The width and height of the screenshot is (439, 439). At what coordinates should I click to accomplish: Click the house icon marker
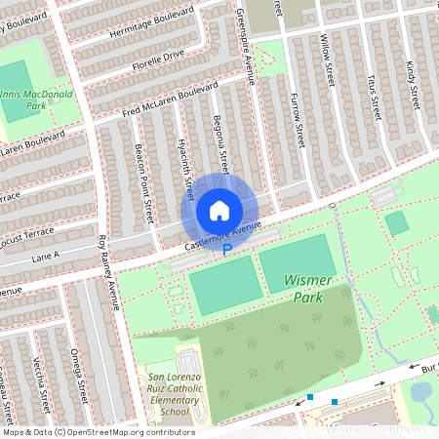pos(219,210)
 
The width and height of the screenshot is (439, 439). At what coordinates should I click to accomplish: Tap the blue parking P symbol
pos(227,250)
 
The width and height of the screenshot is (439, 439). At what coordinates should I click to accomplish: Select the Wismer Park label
pos(309,288)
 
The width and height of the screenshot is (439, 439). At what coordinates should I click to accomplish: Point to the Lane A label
pos(45,256)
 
